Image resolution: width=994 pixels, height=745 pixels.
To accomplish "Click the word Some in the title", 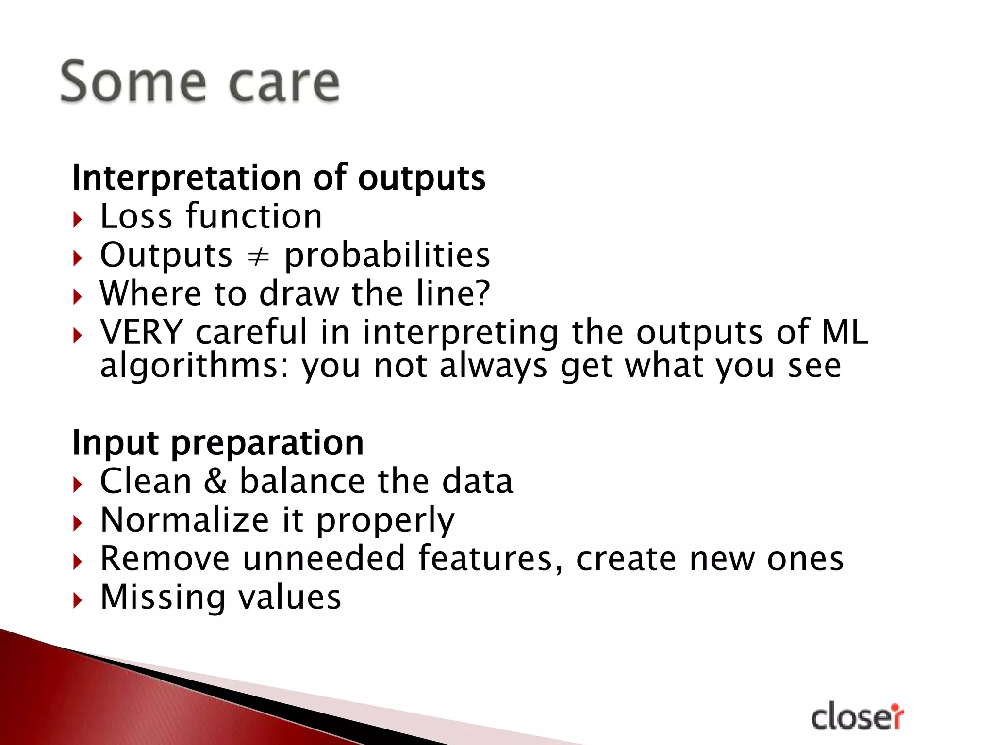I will [x=133, y=82].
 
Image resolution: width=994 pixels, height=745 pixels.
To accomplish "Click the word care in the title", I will [x=284, y=83].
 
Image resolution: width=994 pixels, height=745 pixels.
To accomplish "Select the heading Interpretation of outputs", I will [x=279, y=178].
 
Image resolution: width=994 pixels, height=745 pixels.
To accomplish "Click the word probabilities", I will [x=387, y=256].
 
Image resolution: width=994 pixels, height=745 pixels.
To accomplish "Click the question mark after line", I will [x=481, y=293].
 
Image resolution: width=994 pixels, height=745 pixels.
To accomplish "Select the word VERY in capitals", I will [x=141, y=332].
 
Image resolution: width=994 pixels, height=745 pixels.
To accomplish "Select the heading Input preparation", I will [x=218, y=443].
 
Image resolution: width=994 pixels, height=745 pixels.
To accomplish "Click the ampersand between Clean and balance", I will [x=215, y=481].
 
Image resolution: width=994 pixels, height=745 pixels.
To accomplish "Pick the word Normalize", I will [x=184, y=520].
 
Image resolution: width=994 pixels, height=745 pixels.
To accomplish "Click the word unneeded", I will [x=324, y=558].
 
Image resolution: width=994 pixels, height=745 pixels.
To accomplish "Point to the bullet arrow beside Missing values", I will [x=78, y=601].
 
